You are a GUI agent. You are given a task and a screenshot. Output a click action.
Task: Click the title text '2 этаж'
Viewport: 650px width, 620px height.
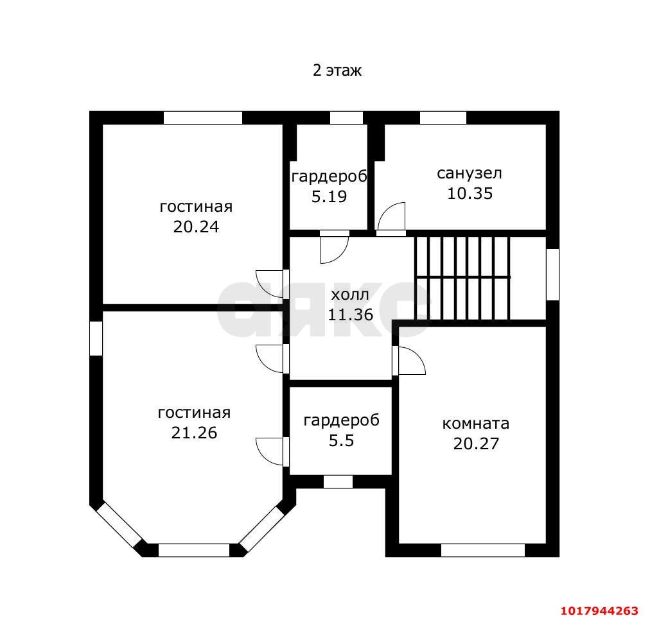pos(337,71)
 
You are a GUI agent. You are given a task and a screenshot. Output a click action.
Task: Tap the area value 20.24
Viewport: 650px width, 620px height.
pos(196,227)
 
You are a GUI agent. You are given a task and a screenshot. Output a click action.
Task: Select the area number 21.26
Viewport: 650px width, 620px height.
pos(195,433)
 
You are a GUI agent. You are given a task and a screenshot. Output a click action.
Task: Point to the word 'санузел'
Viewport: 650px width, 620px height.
pos(470,173)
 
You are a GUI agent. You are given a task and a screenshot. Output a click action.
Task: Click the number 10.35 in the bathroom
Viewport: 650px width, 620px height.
pos(470,193)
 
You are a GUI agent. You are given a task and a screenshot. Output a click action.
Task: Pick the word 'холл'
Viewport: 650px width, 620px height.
pos(350,295)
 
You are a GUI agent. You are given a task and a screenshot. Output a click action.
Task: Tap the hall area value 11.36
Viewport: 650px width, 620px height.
pos(351,314)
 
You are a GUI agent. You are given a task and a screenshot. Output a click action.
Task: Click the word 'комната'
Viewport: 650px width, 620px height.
pos(476,424)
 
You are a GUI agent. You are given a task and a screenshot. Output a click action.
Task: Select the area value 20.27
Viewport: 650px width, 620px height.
pos(476,443)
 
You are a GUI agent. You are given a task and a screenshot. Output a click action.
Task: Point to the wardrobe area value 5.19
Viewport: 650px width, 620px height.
pos(329,196)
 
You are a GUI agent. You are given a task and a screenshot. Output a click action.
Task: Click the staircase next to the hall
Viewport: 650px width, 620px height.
pos(462,277)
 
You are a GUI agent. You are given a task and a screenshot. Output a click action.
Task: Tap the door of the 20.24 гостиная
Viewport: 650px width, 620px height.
pos(270,284)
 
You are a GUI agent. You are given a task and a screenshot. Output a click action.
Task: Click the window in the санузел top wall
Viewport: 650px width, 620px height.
pos(443,117)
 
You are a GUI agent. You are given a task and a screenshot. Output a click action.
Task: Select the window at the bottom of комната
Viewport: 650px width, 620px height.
pos(483,550)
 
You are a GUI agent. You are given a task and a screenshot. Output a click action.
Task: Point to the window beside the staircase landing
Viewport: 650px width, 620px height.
pos(552,274)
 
